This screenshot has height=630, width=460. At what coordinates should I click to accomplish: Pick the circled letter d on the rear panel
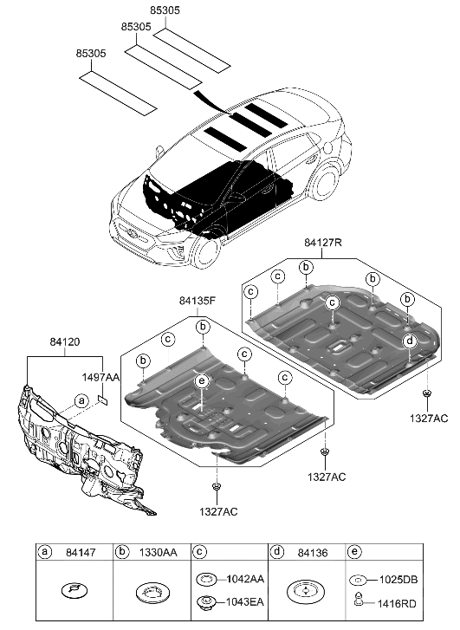point(409,341)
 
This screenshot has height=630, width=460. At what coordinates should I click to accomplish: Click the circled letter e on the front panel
point(200,382)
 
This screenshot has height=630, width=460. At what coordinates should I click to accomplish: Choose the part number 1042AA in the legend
point(244,578)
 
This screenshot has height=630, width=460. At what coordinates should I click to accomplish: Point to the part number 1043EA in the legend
point(244,601)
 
